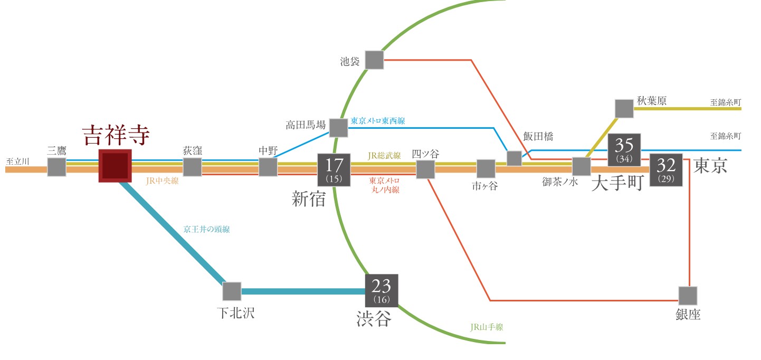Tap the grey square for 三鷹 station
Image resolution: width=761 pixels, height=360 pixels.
click(56, 167)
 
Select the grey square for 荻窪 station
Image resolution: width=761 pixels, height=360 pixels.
click(192, 167)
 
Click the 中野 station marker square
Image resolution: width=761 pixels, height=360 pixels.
click(268, 167)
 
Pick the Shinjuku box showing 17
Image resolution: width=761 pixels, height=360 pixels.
click(334, 169)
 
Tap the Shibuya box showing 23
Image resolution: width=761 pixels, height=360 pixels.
click(382, 290)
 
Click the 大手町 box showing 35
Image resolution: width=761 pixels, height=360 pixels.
click(624, 149)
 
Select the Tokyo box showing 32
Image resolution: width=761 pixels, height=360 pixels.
click(666, 169)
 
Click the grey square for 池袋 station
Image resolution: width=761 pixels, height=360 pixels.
click(374, 60)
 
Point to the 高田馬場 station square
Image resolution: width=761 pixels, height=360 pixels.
click(338, 127)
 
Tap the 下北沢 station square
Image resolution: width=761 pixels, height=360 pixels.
click(232, 291)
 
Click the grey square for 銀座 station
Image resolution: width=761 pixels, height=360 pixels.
click(688, 295)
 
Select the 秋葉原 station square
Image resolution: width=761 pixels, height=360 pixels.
click(624, 108)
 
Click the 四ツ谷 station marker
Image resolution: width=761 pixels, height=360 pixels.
click(425, 169)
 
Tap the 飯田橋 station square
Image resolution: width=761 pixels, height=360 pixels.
click(514, 158)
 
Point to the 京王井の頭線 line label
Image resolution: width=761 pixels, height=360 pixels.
click(206, 230)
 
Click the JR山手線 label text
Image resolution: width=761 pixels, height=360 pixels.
click(487, 327)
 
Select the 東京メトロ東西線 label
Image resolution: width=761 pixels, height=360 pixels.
click(378, 121)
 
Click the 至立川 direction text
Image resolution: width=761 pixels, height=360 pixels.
click(17, 161)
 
